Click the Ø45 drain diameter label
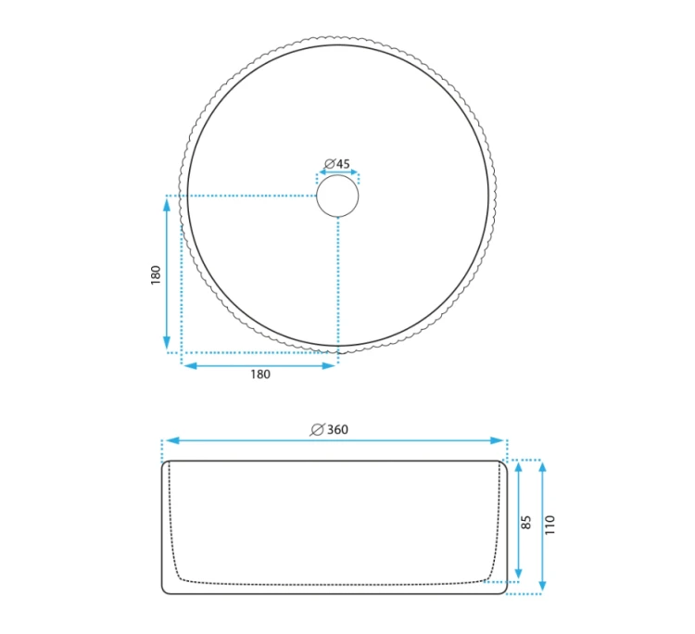[x=337, y=164]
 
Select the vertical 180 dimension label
[x=155, y=275]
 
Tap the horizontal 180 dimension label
[x=260, y=374]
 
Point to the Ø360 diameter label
[x=330, y=429]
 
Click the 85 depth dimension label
[x=525, y=522]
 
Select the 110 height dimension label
[x=550, y=525]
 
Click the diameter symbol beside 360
[x=317, y=429]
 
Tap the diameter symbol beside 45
[x=329, y=164]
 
